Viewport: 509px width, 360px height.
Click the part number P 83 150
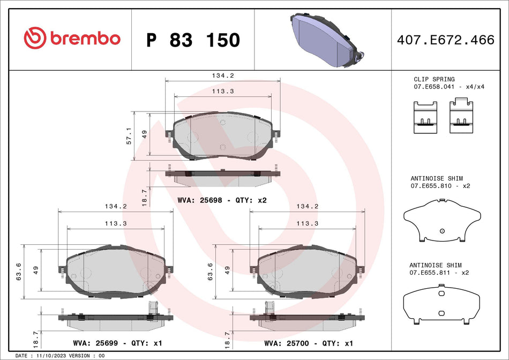[193, 40]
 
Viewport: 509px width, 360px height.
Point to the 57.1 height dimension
[129, 136]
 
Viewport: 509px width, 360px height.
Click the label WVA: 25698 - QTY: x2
[222, 200]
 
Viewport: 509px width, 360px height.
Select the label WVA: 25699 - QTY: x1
[117, 343]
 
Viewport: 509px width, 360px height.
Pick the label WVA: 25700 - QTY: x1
[309, 343]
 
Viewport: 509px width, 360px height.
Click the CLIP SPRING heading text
[434, 79]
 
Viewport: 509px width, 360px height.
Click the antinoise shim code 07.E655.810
[432, 185]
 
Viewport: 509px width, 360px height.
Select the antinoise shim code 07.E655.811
[432, 273]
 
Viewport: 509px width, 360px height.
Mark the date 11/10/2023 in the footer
[53, 356]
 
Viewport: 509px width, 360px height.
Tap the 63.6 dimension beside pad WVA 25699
[19, 272]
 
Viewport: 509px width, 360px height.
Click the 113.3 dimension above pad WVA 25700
[308, 223]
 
